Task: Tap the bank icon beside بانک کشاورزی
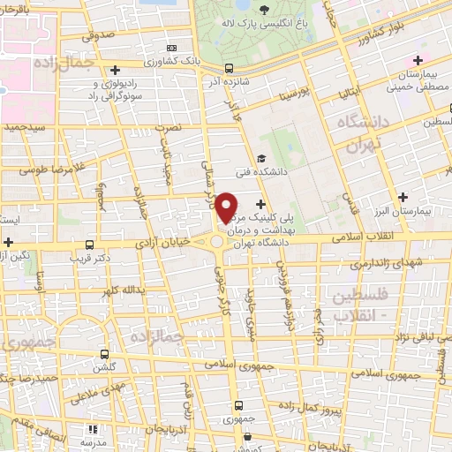click(171, 48)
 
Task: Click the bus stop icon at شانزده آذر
click(230, 68)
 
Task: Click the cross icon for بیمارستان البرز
click(404, 197)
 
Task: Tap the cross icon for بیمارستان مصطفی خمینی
click(418, 60)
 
